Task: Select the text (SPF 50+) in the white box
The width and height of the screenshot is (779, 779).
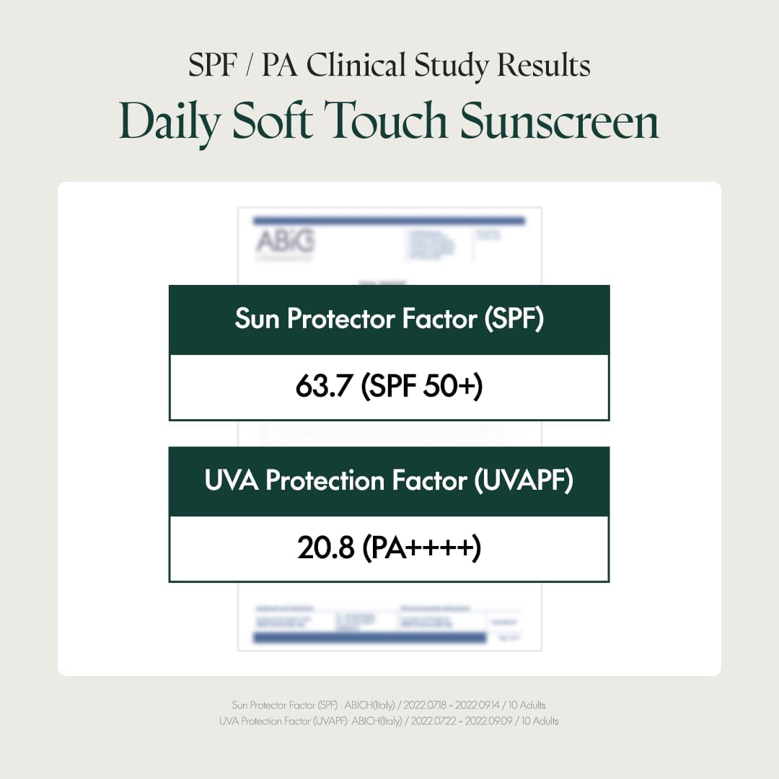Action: pyautogui.click(x=422, y=387)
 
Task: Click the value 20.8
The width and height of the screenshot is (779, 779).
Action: pyautogui.click(x=325, y=549)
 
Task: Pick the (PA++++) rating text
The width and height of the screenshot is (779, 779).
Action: pyautogui.click(x=421, y=549)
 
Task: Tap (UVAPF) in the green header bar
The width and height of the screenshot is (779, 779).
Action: pyautogui.click(x=523, y=481)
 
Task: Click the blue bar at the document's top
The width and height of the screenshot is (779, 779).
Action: pyautogui.click(x=389, y=221)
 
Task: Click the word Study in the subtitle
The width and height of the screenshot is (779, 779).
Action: pyautogui.click(x=454, y=66)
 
